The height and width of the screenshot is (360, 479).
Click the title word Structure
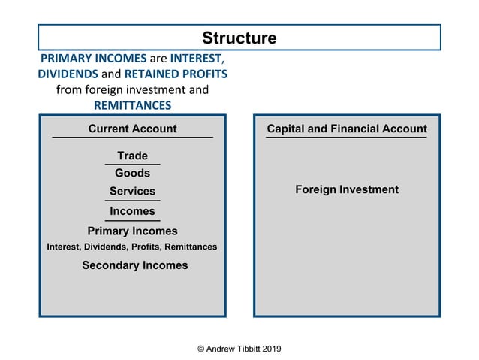point(239,38)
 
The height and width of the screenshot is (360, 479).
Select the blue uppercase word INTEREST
point(196,59)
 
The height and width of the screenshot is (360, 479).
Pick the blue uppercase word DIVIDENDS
point(68,74)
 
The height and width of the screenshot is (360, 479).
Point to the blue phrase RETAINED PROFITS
point(176,74)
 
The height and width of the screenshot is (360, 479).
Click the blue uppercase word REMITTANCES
point(132,105)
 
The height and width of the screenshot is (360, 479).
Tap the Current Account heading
point(132,129)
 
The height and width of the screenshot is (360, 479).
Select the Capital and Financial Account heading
point(347,129)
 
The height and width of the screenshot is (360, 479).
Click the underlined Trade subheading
point(132,156)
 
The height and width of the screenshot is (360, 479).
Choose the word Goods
point(132,174)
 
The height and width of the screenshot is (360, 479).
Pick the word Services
point(132,192)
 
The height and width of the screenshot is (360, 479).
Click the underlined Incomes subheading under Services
point(132,211)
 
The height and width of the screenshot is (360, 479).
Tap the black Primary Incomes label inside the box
point(132,231)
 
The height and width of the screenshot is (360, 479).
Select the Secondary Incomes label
point(135,265)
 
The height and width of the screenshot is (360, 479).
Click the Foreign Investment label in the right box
point(347,189)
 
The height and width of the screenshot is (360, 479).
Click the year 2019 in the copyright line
point(270,349)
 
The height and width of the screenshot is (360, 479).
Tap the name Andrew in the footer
point(224,349)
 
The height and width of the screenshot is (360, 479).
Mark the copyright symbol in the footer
point(200,349)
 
